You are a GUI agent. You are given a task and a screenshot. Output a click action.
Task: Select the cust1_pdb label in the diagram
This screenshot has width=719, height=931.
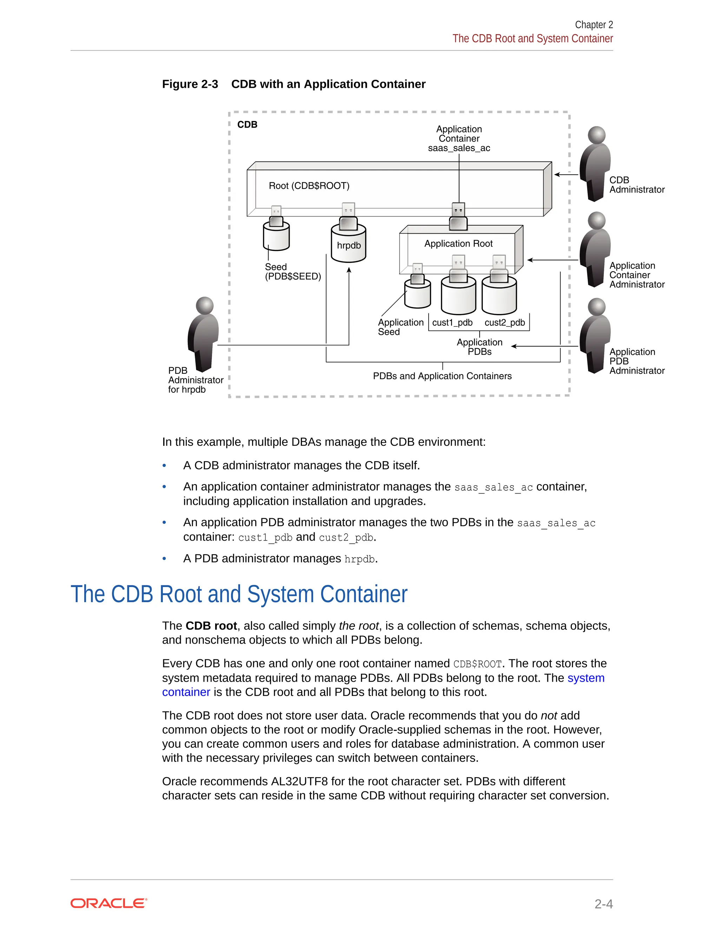[x=452, y=323]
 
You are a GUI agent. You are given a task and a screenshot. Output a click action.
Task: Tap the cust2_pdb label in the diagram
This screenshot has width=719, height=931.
[x=504, y=323]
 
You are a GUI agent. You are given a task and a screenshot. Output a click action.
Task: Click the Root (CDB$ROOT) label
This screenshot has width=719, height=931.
[x=309, y=186]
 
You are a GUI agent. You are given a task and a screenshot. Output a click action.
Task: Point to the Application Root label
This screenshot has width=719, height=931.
[x=458, y=243]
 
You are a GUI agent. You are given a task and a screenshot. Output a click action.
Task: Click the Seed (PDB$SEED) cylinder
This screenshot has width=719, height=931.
[x=276, y=237]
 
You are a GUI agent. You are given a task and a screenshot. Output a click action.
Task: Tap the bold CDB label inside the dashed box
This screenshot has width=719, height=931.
[x=247, y=124]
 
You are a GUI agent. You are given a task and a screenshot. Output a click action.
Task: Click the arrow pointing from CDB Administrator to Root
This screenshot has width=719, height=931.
[x=566, y=174]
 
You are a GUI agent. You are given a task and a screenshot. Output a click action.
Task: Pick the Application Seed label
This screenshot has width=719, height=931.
[x=400, y=327]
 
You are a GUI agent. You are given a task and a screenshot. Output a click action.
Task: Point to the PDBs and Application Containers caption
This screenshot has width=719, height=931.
[x=442, y=376]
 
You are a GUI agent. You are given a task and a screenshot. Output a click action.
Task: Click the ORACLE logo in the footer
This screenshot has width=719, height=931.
[x=108, y=903]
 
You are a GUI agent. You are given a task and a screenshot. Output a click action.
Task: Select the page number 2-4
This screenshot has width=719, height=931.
[x=603, y=904]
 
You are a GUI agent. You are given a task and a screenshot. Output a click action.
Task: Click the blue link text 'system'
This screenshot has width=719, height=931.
[x=586, y=678]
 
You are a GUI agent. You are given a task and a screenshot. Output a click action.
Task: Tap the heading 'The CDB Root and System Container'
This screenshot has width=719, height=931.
[x=238, y=594]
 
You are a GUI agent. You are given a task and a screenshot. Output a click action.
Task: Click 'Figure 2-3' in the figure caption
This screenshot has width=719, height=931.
[x=190, y=84]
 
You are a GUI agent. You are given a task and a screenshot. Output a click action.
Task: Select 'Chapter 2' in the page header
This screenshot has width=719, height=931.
[x=594, y=25]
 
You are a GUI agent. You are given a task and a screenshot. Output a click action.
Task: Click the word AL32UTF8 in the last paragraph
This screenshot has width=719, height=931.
[x=299, y=781]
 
